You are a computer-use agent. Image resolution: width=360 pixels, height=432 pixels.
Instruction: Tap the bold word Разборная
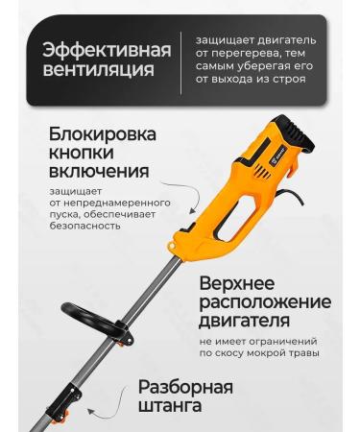pos(185,391)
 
